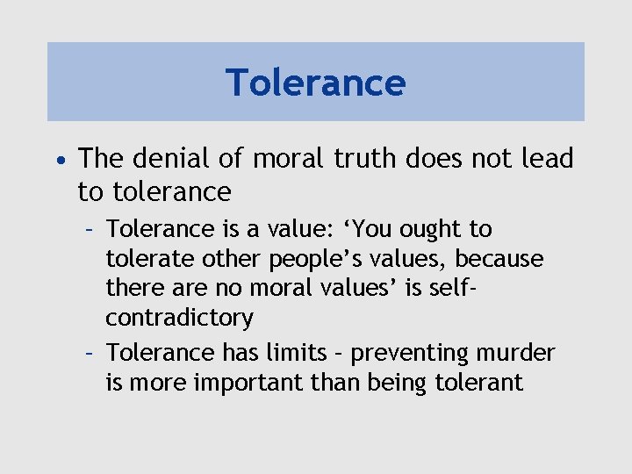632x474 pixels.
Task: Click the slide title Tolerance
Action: (316, 83)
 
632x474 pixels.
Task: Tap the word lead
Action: (548, 159)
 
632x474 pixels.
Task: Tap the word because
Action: (501, 260)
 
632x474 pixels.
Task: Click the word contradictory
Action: (179, 318)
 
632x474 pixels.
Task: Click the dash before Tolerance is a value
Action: (90, 230)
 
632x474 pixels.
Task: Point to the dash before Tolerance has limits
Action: (90, 354)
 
